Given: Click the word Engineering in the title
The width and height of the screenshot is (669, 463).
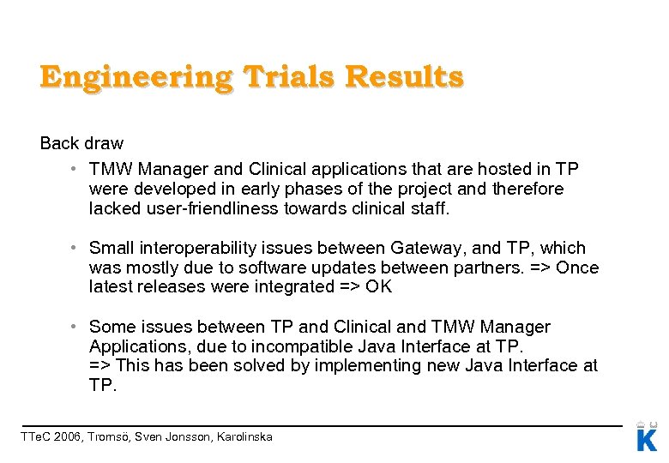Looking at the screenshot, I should tap(136, 77).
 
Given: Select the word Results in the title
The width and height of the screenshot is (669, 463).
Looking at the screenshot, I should tap(404, 77).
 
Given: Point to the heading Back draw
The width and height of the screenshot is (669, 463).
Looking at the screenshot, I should tap(81, 143).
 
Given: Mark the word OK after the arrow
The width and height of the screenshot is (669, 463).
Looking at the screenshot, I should tap(378, 287).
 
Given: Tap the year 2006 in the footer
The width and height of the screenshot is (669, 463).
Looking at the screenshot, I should tap(68, 437).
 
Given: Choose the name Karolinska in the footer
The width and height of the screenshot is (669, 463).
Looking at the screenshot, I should tap(242, 437).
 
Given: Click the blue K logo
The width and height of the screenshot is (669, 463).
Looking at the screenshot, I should tap(647, 439).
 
